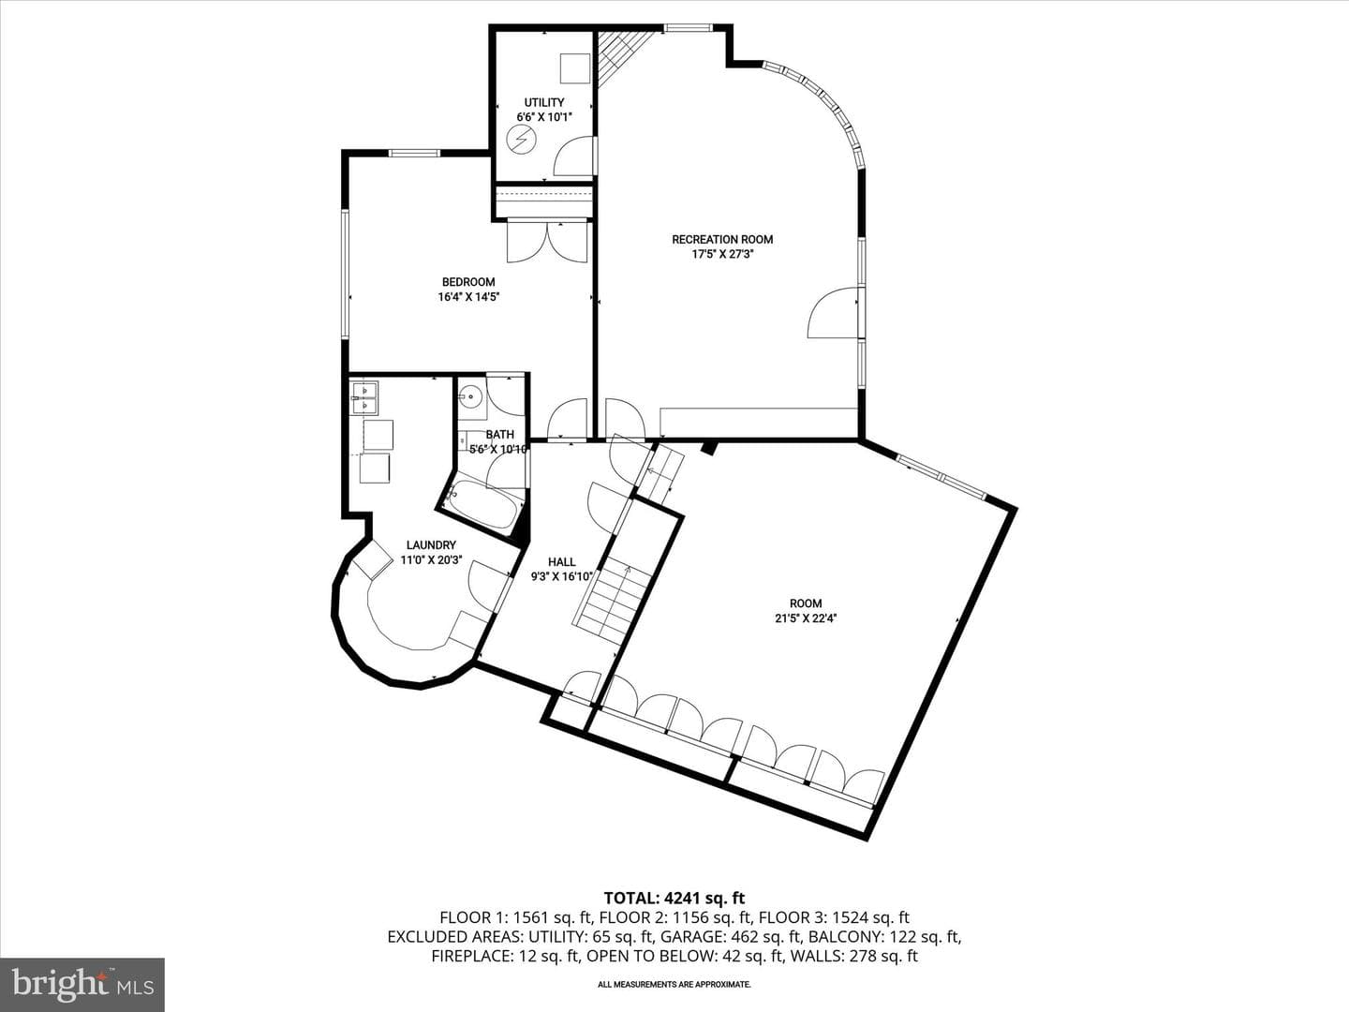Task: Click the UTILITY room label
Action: (544, 103)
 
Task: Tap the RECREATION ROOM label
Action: (722, 240)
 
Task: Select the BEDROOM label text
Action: (468, 282)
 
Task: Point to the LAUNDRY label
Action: (431, 545)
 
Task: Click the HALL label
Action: (562, 561)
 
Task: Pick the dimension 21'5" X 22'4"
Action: (806, 618)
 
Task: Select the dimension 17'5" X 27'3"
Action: (722, 254)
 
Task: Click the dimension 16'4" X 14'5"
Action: (468, 297)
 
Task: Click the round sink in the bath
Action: (471, 397)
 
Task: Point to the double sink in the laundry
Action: (363, 397)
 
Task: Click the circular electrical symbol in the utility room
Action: (520, 141)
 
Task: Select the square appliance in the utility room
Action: (575, 68)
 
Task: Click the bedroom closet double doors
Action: (548, 242)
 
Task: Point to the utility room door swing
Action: (574, 157)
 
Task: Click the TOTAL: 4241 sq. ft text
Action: (674, 899)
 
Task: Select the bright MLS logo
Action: (82, 985)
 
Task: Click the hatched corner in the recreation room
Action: (621, 56)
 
